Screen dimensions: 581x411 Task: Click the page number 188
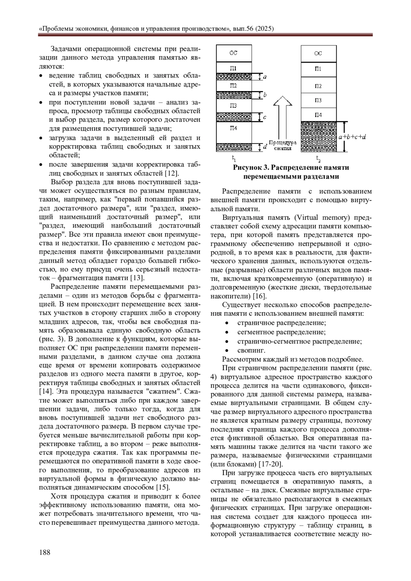[x=45, y=552]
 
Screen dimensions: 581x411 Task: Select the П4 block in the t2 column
[x=318, y=115]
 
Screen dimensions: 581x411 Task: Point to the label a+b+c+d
[x=352, y=137]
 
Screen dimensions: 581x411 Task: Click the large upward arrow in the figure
[x=282, y=116]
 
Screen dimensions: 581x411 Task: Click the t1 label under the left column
[x=234, y=159]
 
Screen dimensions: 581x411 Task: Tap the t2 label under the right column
[x=318, y=159]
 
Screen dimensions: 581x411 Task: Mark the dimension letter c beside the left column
[x=265, y=117]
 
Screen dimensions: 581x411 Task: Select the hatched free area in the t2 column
[x=318, y=137]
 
